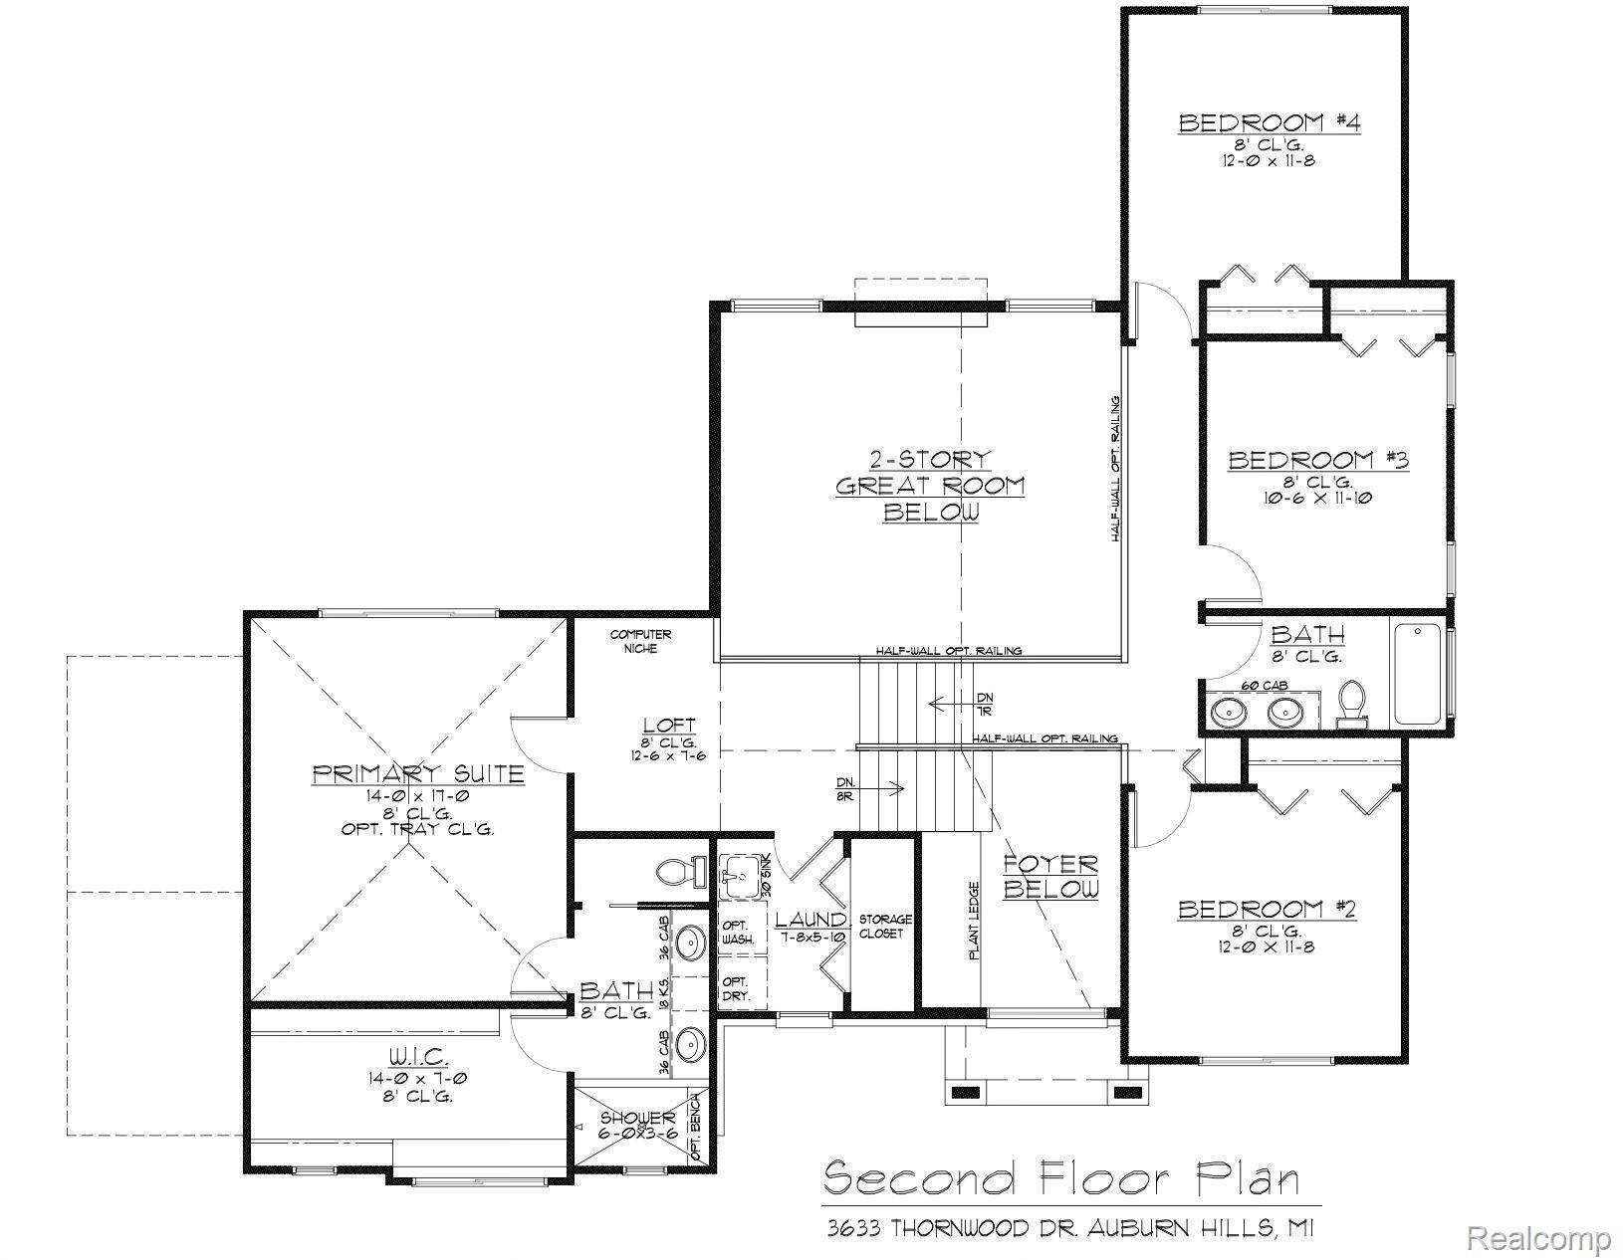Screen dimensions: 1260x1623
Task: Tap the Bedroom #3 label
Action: pyautogui.click(x=1317, y=460)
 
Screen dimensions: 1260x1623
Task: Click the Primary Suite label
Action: pyautogui.click(x=418, y=773)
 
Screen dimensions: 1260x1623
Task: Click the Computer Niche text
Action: pyautogui.click(x=640, y=641)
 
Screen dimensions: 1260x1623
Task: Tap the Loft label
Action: pyautogui.click(x=668, y=726)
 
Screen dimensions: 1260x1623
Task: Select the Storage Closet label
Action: pyautogui.click(x=885, y=926)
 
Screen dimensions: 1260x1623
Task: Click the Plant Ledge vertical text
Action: pyautogui.click(x=975, y=921)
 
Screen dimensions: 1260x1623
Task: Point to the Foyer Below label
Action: pyautogui.click(x=1050, y=876)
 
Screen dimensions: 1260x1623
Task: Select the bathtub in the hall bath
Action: pyautogui.click(x=1418, y=673)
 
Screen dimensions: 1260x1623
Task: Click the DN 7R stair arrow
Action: pyautogui.click(x=954, y=703)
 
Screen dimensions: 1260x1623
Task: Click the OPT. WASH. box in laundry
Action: pyautogui.click(x=738, y=932)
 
